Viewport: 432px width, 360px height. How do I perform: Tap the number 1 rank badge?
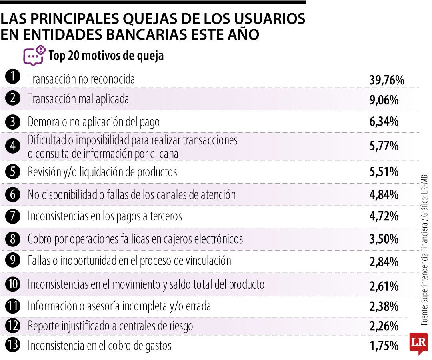point(13,77)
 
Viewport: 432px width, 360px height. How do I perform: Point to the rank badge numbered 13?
point(13,345)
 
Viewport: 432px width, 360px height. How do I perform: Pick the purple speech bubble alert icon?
point(34,56)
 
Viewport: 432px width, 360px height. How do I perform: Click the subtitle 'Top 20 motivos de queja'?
point(106,56)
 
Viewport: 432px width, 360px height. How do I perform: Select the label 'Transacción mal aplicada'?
point(78,99)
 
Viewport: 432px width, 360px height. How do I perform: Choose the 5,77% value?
point(384,146)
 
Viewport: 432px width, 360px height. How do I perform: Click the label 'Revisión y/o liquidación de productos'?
point(102,172)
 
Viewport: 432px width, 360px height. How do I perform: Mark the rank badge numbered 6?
point(13,195)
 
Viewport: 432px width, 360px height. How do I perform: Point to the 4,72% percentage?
point(384,217)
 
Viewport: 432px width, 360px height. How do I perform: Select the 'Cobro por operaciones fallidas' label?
point(135,239)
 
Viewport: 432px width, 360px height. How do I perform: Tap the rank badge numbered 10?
point(13,284)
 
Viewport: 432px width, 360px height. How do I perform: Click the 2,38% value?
point(384,307)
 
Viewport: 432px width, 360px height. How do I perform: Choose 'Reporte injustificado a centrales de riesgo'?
point(110,326)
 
